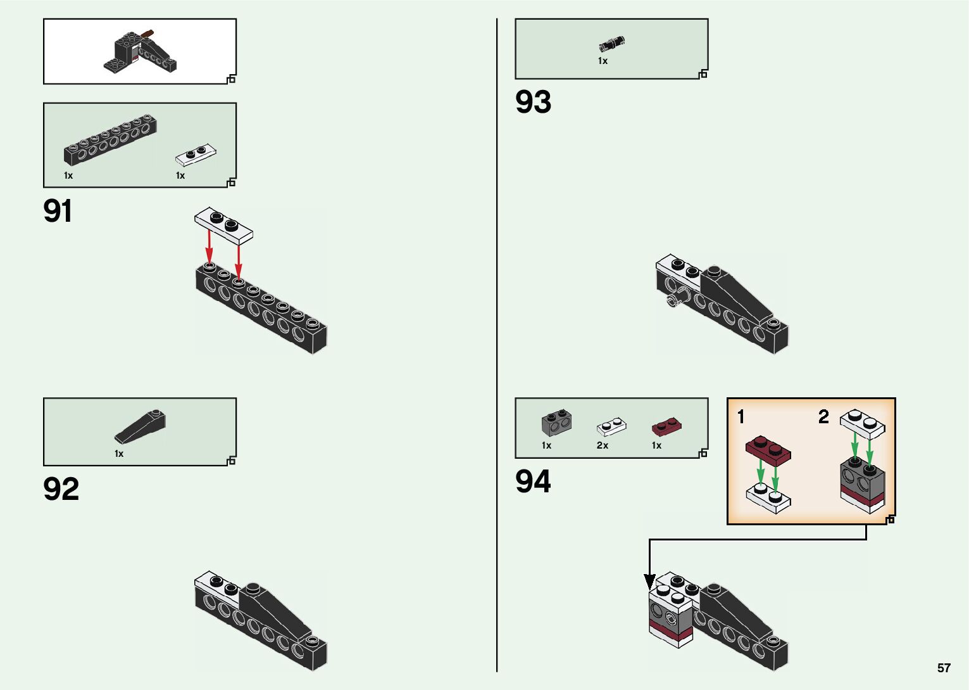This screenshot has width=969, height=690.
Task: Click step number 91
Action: tap(58, 211)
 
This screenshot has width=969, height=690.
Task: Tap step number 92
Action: tap(61, 489)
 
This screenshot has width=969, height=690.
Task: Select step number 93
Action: tap(533, 102)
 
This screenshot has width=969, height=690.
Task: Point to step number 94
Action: tap(533, 482)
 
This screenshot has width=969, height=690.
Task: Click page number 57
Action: tap(944, 668)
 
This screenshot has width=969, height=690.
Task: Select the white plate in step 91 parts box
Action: tap(196, 155)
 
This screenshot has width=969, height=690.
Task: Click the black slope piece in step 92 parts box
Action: tap(140, 426)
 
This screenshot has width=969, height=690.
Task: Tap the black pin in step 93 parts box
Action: tap(611, 44)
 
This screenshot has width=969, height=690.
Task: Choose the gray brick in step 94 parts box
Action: tap(556, 423)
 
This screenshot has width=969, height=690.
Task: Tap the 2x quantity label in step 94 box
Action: tap(602, 445)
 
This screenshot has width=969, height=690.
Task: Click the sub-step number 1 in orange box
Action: tap(741, 416)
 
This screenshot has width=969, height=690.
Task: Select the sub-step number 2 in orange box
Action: tap(823, 416)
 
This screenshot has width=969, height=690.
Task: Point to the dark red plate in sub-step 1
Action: tap(768, 450)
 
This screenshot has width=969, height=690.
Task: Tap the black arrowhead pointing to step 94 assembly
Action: tap(649, 581)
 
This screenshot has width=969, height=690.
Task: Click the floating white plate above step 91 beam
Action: tap(223, 226)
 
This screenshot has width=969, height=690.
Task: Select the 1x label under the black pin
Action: tap(603, 61)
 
